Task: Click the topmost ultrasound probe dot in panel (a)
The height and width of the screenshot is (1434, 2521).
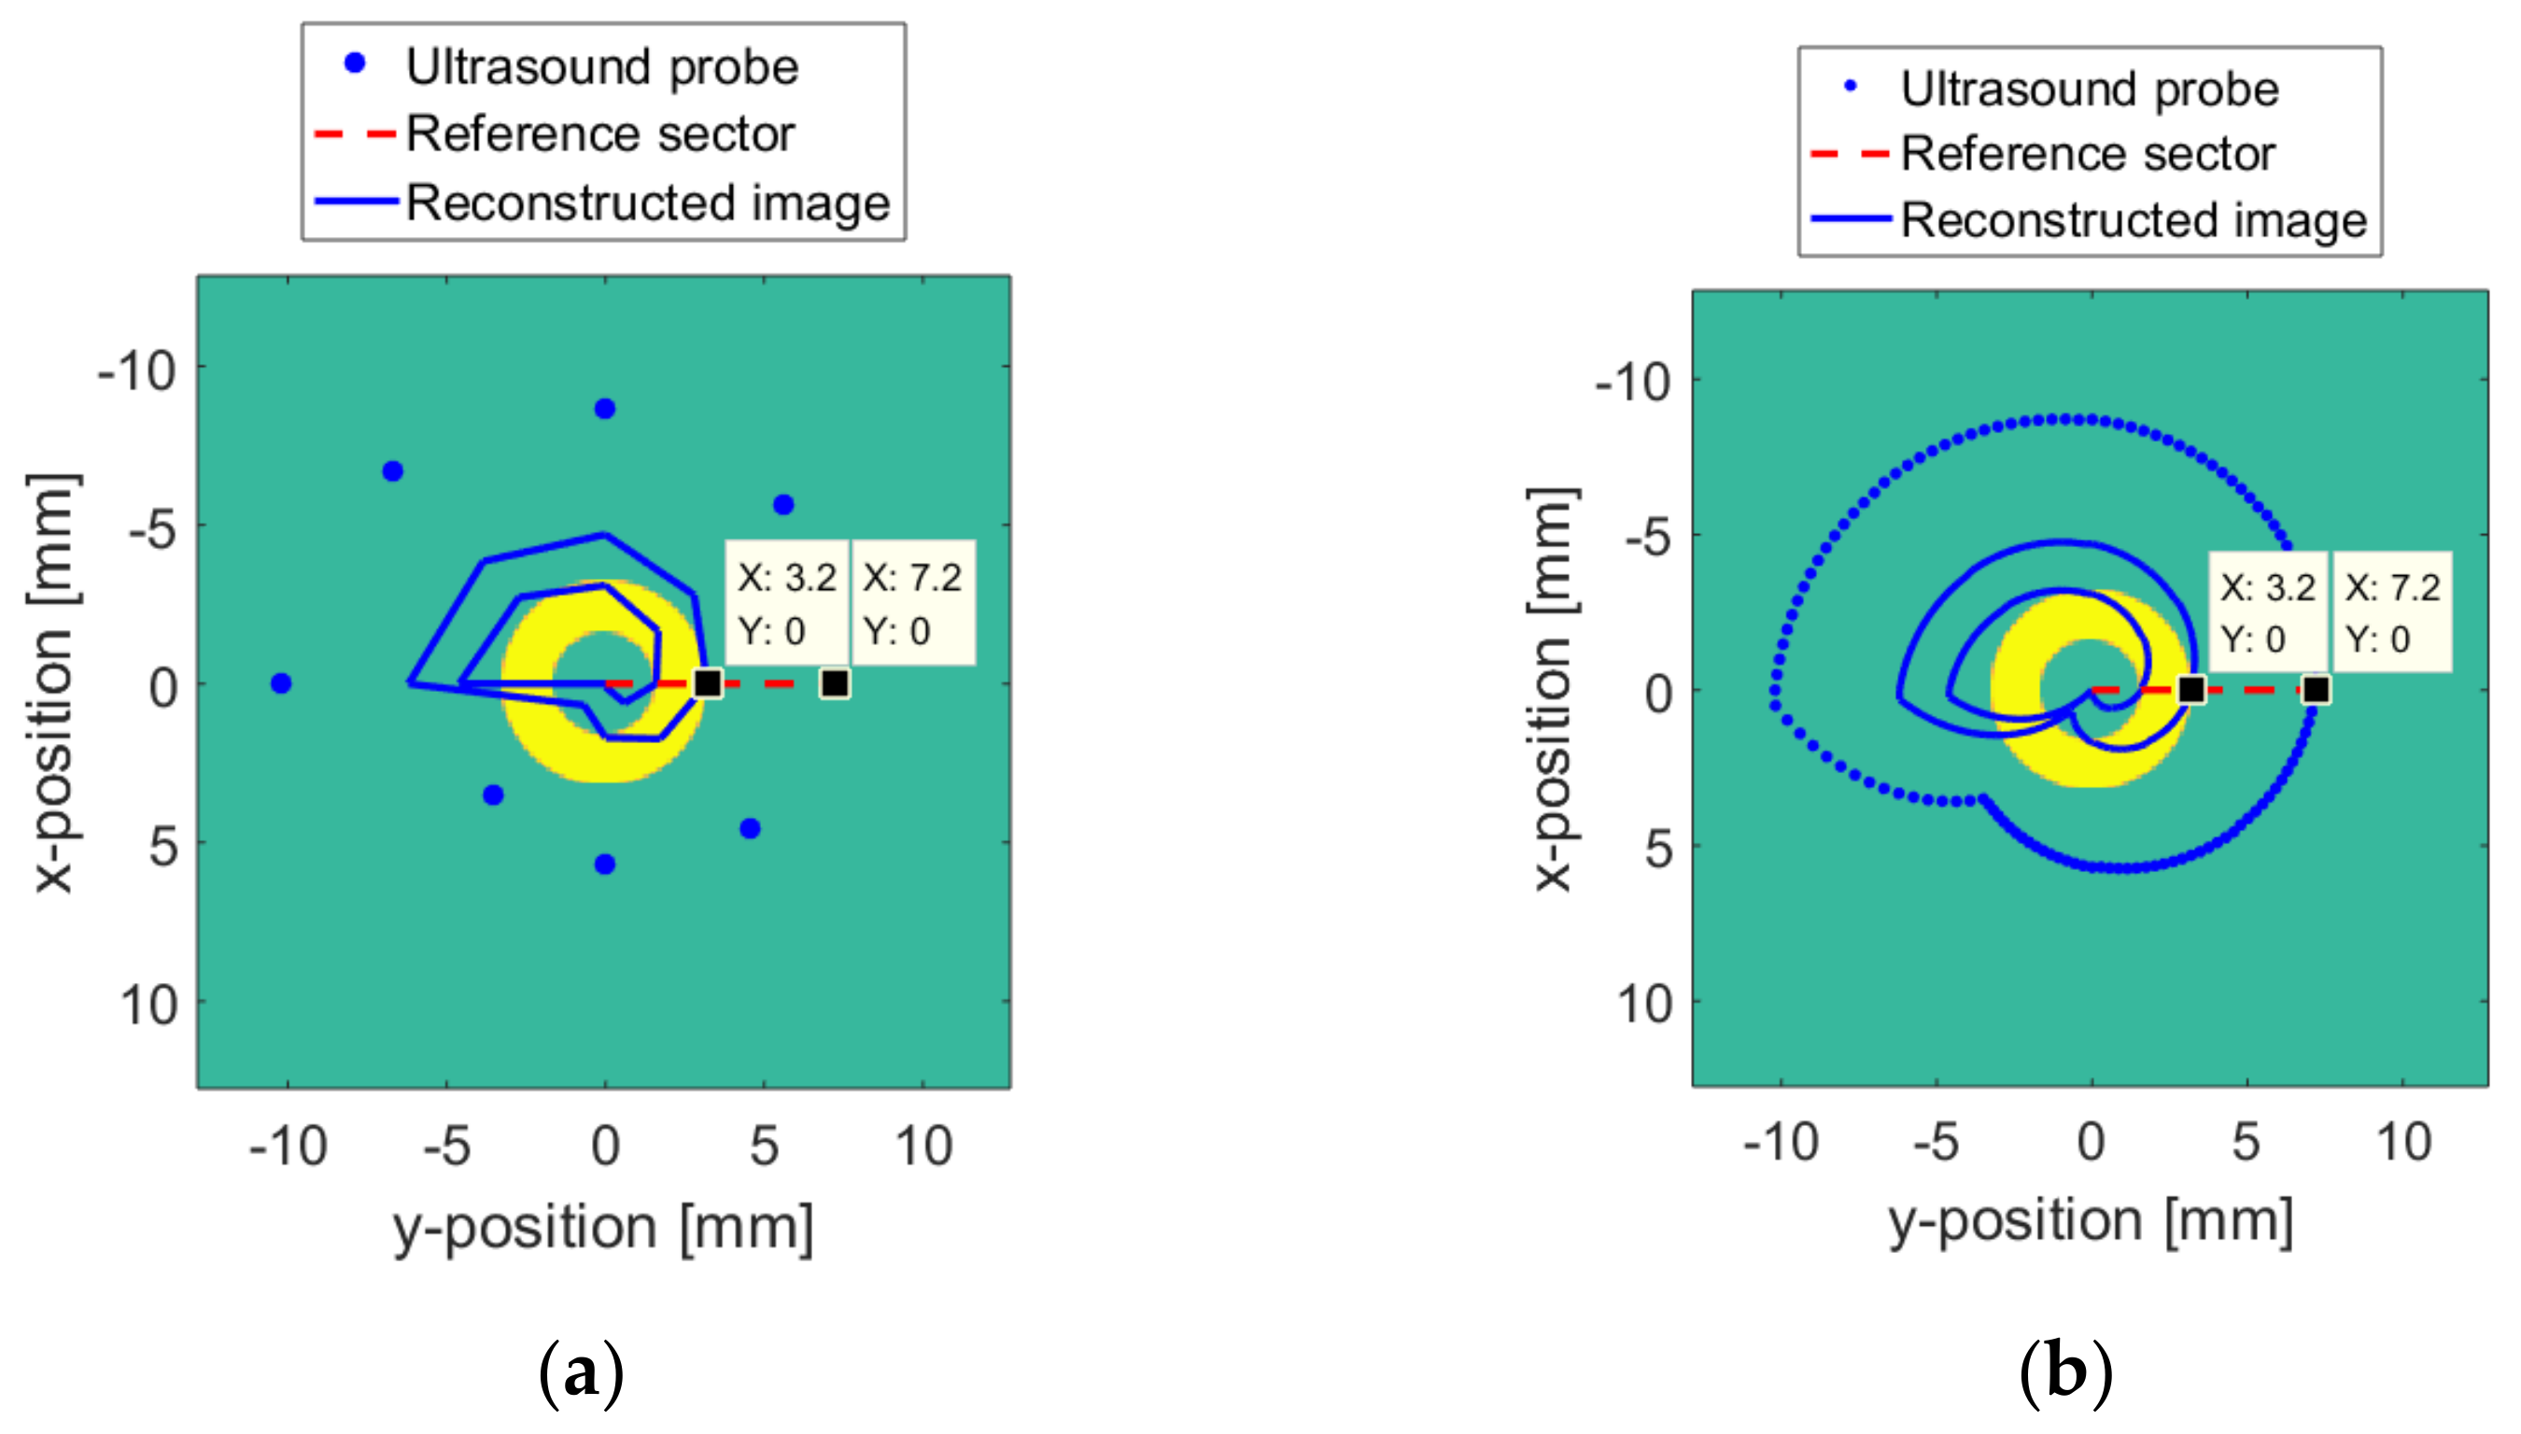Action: [605, 409]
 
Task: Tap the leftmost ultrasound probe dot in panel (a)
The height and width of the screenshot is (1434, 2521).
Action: [281, 683]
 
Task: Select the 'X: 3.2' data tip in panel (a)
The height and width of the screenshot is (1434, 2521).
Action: [787, 603]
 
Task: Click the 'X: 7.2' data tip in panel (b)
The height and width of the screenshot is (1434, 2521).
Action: [2392, 612]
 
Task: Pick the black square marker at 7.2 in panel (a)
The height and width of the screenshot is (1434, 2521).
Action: [834, 683]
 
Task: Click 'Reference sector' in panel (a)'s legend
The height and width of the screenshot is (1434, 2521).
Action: [599, 134]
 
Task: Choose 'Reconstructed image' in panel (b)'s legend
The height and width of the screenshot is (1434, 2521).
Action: [2133, 219]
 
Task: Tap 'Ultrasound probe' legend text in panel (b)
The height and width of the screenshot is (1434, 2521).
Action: [2089, 89]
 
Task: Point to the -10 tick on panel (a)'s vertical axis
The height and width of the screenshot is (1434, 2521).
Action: [138, 373]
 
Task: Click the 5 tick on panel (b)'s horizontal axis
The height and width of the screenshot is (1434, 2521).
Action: [2246, 1144]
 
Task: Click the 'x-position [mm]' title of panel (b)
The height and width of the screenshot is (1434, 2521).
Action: [1554, 689]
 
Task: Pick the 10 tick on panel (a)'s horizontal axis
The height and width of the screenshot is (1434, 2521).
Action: [923, 1146]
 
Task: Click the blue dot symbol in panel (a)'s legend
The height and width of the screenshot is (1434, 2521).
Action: [355, 65]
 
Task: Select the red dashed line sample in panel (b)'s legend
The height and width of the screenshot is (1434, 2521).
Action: [1850, 155]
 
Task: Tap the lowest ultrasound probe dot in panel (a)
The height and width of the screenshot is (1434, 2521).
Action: [605, 864]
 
